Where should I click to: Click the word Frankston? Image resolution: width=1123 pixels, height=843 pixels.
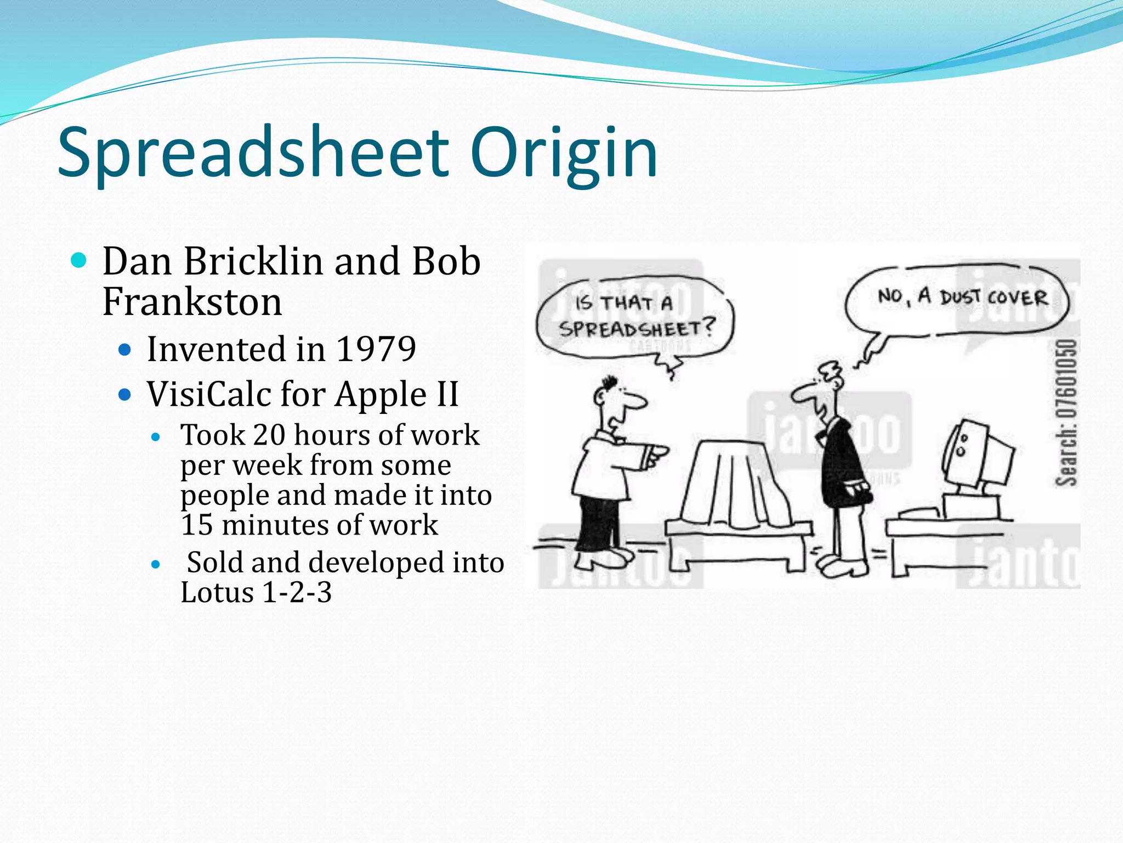192,302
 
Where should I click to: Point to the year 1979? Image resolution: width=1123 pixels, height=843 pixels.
376,349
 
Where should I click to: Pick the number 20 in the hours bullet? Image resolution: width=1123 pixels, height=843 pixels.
269,435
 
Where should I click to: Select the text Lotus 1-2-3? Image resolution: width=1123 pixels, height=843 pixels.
256,593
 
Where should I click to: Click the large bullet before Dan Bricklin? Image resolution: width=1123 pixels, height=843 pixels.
79,260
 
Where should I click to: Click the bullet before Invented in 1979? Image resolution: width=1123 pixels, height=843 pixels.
126,349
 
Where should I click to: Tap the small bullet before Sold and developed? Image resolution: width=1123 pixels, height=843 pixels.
156,564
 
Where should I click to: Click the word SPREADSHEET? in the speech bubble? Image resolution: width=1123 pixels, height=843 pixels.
636,329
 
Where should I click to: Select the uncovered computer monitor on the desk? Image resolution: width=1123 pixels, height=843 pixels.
979,456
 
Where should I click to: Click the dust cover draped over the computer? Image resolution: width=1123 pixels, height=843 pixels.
735,483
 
